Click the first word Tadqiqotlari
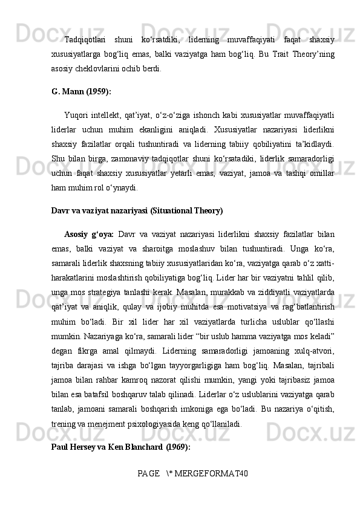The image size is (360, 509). [86, 41]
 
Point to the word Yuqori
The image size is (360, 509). [77, 114]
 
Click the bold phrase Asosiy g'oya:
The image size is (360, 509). [90, 233]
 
